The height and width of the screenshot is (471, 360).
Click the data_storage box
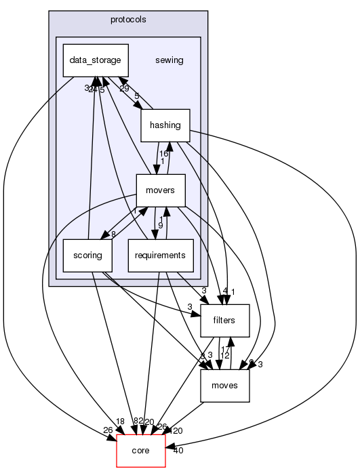point(95,60)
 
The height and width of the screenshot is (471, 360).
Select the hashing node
point(165,125)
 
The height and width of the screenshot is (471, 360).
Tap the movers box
point(161,190)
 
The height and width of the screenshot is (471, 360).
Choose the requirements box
point(161,255)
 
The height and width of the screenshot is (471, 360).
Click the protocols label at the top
point(127,18)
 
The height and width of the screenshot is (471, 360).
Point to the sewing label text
point(169,60)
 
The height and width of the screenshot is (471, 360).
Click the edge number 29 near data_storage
point(124,89)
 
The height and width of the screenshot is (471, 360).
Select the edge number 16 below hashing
point(163,154)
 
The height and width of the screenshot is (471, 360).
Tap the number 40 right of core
point(178,450)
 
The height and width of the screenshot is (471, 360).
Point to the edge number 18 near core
point(120,422)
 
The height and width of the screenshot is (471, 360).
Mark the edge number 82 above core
point(138,422)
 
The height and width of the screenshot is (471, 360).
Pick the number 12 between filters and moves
point(225,356)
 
